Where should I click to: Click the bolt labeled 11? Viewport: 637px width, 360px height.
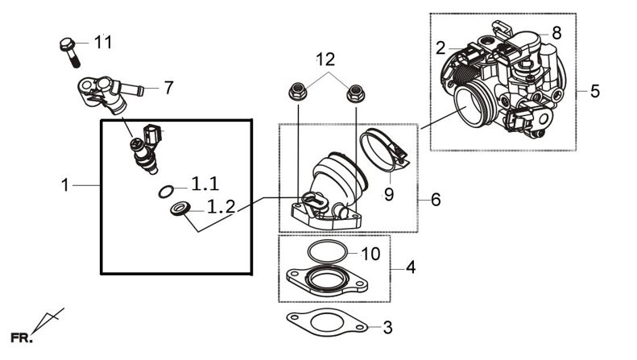(70, 52)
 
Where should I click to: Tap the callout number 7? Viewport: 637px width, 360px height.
(168, 88)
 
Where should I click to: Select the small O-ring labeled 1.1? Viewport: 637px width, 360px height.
(166, 192)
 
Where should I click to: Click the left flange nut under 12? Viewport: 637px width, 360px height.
(297, 92)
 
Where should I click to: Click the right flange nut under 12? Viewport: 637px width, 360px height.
(355, 94)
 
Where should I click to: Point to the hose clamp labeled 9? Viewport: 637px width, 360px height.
(383, 150)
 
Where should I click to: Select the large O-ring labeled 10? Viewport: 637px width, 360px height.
(328, 252)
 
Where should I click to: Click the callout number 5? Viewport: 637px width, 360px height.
(595, 91)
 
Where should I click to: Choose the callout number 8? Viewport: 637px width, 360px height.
(556, 32)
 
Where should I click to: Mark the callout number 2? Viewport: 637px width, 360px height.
(441, 48)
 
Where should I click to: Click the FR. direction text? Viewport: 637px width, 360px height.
(21, 337)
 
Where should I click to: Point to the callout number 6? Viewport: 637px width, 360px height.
(436, 200)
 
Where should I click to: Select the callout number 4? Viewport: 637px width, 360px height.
(411, 267)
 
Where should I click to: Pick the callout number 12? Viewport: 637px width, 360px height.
(326, 60)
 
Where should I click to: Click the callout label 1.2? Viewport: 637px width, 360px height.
(221, 207)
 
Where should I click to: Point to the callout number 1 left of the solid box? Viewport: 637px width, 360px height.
(65, 185)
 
